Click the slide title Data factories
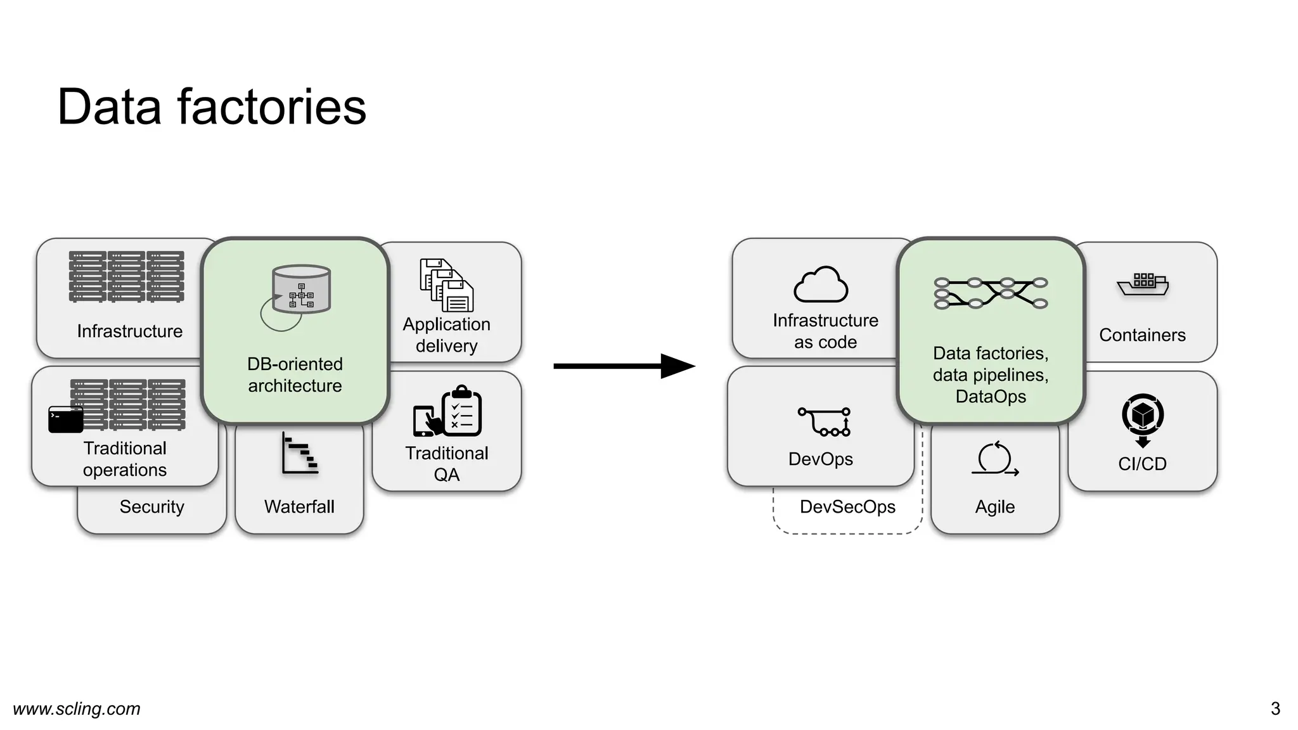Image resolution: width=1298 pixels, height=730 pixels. tap(212, 106)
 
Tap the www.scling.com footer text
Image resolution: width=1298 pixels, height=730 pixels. tap(77, 708)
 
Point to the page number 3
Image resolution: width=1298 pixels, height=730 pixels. tap(1275, 708)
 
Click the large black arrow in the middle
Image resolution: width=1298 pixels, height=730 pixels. tap(624, 366)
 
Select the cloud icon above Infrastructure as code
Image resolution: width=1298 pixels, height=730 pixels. tap(821, 285)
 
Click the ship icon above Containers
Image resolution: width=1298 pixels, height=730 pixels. tap(1143, 285)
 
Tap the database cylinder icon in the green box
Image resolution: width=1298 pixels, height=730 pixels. tap(301, 290)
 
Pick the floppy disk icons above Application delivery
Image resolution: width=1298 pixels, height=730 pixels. tap(446, 285)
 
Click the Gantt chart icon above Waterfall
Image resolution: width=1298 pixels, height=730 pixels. tap(300, 454)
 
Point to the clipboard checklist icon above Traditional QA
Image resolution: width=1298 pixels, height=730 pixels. tap(461, 411)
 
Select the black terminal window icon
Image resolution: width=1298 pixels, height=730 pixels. tap(66, 419)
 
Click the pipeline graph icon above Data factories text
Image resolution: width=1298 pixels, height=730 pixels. tap(991, 293)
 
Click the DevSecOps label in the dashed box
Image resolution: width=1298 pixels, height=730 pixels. tap(847, 507)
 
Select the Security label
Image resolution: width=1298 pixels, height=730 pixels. tap(151, 507)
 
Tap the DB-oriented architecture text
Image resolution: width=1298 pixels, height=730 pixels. tap(295, 375)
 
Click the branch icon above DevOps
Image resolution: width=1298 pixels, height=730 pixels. tap(824, 422)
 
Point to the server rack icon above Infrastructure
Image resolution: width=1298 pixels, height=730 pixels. tap(127, 276)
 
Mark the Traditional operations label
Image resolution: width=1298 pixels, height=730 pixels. tap(125, 459)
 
